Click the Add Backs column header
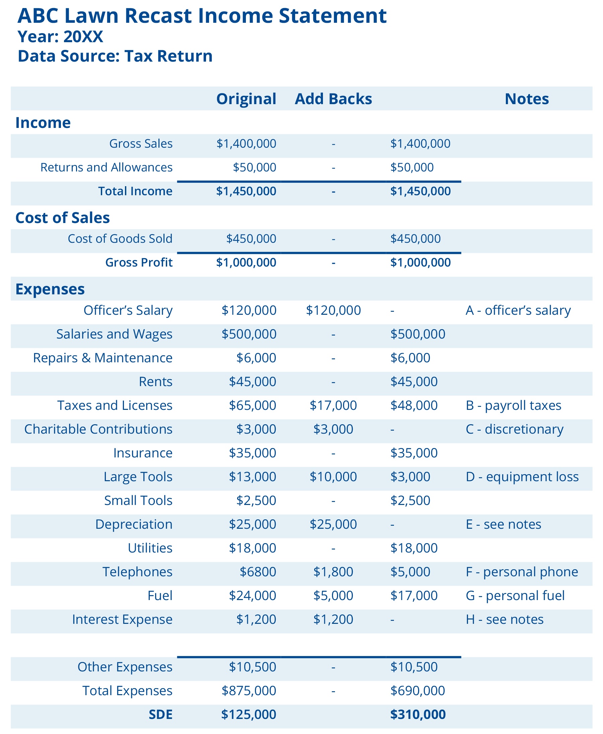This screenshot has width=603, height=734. coord(333,99)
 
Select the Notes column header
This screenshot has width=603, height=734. coord(526,99)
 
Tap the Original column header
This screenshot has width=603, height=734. coord(246,99)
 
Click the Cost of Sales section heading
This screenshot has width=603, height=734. coord(63,218)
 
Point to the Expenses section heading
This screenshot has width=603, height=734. coord(50,289)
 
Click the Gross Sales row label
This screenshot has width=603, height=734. coord(141,143)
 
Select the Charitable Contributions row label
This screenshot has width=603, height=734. coord(98,429)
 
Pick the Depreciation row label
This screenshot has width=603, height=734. coord(134,524)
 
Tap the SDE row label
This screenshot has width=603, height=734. coord(160,715)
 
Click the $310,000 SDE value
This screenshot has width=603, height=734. coord(417,715)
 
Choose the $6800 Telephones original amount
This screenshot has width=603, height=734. coord(258,572)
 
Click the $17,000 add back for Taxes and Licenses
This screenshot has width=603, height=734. coord(333,406)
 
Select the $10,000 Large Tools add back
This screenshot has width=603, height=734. coord(333,477)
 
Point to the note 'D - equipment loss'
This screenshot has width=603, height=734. coord(522,477)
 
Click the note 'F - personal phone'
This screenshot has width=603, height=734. coord(521,572)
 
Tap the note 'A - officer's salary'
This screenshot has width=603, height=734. coord(518,310)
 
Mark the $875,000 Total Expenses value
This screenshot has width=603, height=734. coord(249,690)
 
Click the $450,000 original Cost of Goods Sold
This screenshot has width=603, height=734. coord(251,238)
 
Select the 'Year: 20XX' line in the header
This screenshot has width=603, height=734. coord(60,36)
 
